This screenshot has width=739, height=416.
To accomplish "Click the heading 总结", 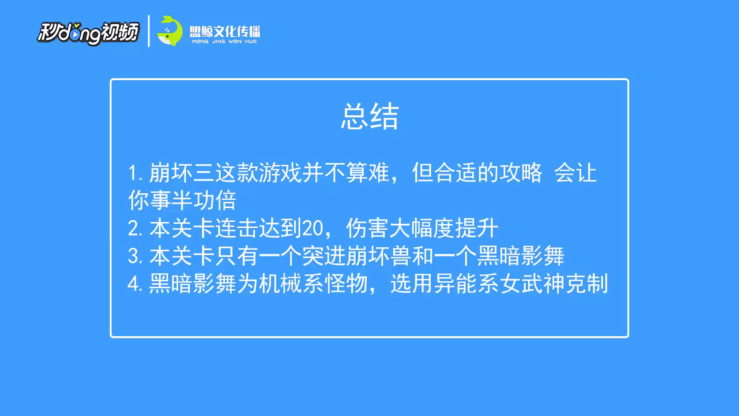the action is click(x=370, y=116).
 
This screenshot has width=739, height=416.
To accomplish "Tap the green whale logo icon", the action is click(x=170, y=31).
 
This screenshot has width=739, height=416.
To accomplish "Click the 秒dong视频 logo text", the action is click(x=88, y=33).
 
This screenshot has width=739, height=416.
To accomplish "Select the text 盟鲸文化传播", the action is click(x=225, y=31).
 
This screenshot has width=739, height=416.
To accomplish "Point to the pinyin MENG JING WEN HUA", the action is click(x=225, y=42).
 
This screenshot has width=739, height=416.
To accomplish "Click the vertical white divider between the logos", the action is click(x=149, y=31).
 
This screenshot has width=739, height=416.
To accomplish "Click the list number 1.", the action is click(x=135, y=173).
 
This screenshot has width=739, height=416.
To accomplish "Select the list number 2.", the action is click(x=135, y=228).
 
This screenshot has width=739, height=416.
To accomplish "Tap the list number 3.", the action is click(x=135, y=256).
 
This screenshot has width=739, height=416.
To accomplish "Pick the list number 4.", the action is click(x=135, y=284).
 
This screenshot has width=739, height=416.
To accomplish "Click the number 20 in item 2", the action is click(x=312, y=228).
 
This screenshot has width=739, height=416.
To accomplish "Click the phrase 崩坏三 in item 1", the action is click(x=181, y=173).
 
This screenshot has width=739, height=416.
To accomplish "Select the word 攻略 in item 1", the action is click(x=521, y=173).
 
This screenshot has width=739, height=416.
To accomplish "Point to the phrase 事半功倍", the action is click(x=193, y=200).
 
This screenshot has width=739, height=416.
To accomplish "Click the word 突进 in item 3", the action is click(x=324, y=256).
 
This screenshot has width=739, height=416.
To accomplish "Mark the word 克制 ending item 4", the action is click(x=587, y=284).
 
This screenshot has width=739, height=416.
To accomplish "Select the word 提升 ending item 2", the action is click(x=477, y=228).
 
